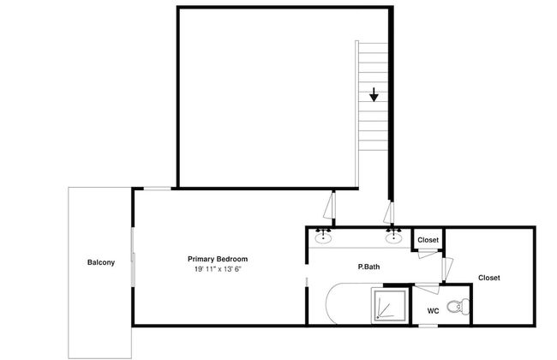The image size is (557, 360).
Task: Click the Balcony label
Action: point(101,262)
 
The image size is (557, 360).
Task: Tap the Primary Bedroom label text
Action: point(218,259)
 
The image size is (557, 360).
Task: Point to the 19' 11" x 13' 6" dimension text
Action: point(218,269)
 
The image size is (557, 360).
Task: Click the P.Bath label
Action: point(368,267)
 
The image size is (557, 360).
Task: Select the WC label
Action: point(433,311)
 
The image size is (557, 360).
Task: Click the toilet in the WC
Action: point(458,307)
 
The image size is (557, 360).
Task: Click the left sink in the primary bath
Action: point(323,237)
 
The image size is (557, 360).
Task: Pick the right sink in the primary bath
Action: point(393,237)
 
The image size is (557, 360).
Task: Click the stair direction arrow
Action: point(374,94)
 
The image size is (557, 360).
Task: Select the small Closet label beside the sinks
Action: point(428,240)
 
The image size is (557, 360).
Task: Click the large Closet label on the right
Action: point(488,278)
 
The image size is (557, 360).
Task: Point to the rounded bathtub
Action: point(349,303)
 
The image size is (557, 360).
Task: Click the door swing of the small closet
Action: point(428,254)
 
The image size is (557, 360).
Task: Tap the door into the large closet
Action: point(447,268)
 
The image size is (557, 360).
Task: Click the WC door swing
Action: point(428,288)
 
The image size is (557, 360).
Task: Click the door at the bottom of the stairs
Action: point(389,213)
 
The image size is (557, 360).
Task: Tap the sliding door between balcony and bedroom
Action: point(133,257)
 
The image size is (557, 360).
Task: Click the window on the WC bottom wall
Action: point(428,326)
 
